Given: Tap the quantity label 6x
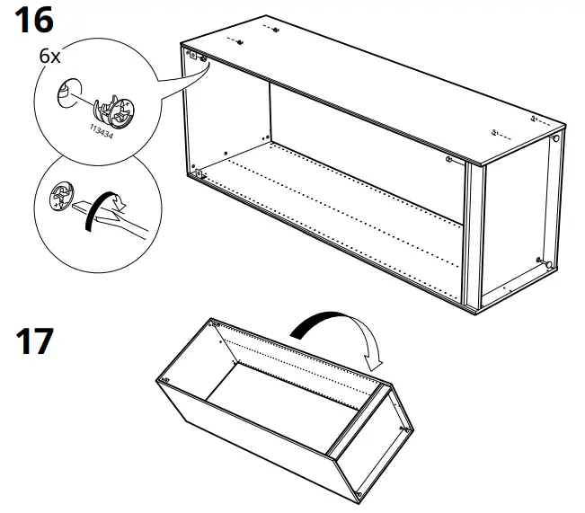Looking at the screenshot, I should pyautogui.click(x=49, y=55).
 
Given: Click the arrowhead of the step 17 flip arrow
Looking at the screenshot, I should pyautogui.click(x=375, y=361).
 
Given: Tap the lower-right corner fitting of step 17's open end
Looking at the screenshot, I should pyautogui.click(x=358, y=493).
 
